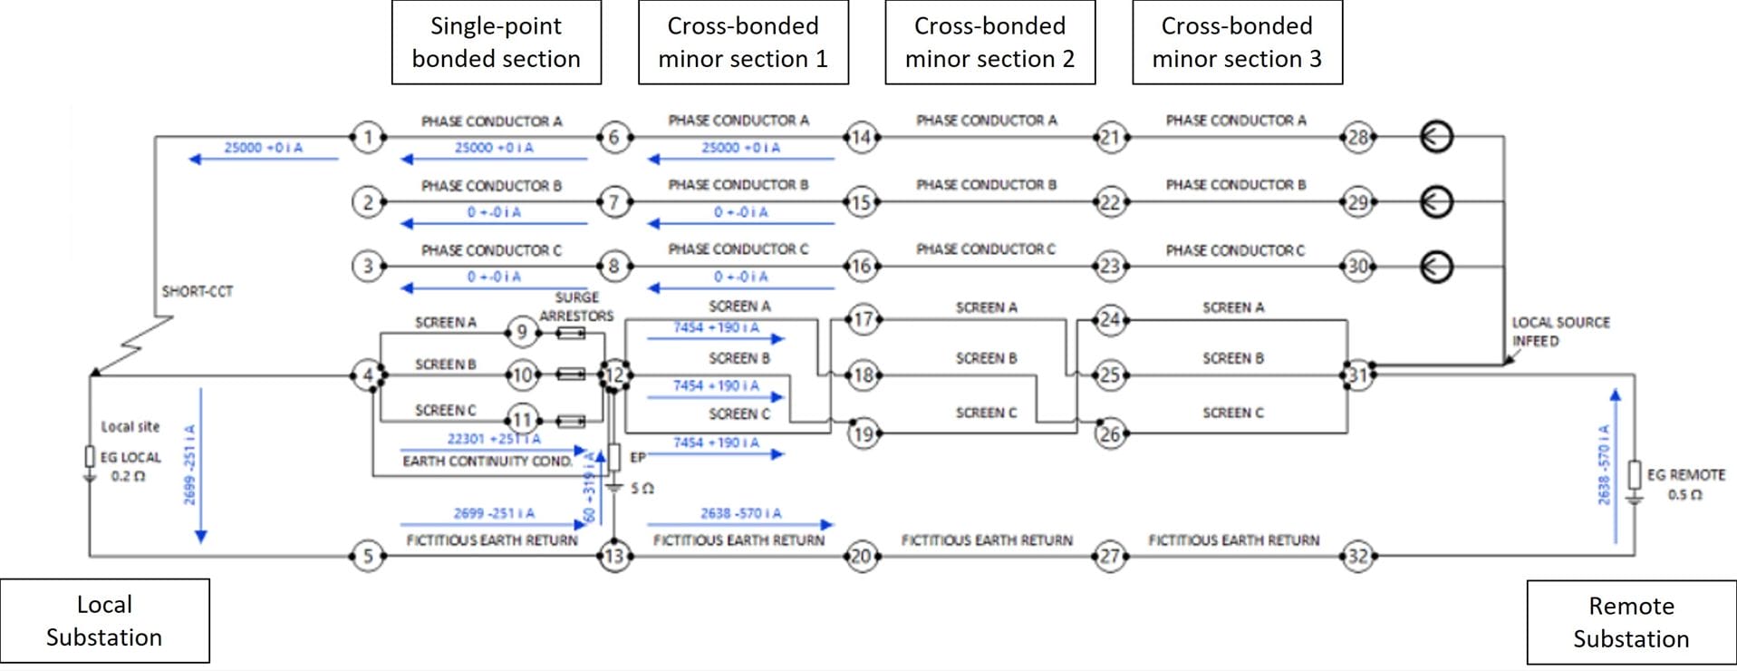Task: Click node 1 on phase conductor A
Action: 368,138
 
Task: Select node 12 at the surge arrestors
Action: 614,374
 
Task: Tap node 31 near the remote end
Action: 1357,375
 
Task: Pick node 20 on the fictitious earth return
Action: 862,556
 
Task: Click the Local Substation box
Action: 104,621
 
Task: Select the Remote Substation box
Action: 1631,622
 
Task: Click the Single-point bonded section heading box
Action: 496,43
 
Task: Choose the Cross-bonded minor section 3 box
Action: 1237,43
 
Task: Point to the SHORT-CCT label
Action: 197,292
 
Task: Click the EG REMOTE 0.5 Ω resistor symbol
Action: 1635,474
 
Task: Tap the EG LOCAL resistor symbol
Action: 90,456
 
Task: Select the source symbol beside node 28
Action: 1436,137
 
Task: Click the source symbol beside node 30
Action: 1436,267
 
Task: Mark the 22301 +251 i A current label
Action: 493,439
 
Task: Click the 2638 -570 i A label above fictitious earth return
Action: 740,513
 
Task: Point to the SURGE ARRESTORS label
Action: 576,306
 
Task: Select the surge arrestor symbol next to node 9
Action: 570,334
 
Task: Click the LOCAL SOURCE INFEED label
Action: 1560,331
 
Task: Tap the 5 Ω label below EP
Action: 642,489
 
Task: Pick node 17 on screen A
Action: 864,319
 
